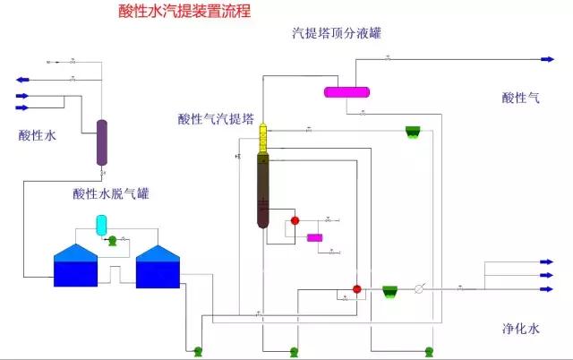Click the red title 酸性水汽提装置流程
tap(184, 12)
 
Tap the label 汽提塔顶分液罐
tap(338, 34)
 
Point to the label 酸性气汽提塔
tap(216, 119)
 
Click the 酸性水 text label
tap(37, 136)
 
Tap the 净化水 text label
tap(520, 329)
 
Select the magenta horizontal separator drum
tap(346, 91)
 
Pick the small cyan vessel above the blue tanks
tap(101, 222)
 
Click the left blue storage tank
tap(75, 266)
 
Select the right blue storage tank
tap(157, 267)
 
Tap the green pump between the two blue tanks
tap(112, 240)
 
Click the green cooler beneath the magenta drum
tap(413, 132)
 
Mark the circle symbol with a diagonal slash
tap(418, 289)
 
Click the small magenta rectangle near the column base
tap(314, 237)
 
